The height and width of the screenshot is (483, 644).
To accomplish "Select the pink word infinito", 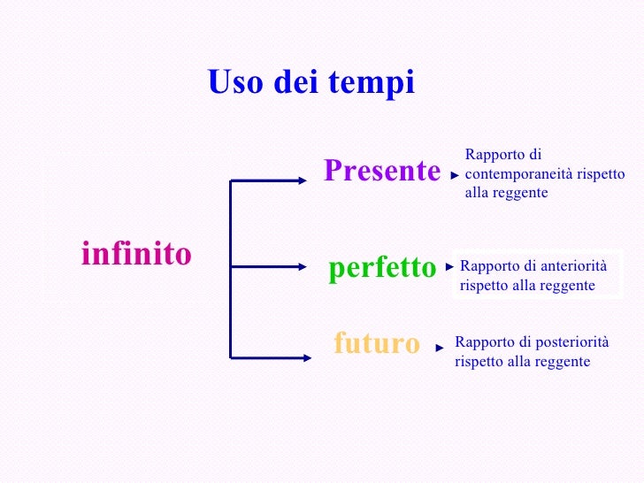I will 136,255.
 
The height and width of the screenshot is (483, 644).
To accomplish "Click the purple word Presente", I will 382,171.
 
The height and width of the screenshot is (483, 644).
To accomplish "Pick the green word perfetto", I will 382,267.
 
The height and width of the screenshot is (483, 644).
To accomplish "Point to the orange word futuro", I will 377,343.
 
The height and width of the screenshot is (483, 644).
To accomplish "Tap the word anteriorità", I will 573,265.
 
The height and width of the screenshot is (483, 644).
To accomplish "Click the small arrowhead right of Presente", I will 455,176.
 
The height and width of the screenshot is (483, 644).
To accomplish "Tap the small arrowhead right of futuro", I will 440,349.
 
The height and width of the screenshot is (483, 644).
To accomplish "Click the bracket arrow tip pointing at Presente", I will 303,180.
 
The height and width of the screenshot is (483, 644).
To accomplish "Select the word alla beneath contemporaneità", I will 478,193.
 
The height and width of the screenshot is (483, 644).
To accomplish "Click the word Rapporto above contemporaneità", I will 491,156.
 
